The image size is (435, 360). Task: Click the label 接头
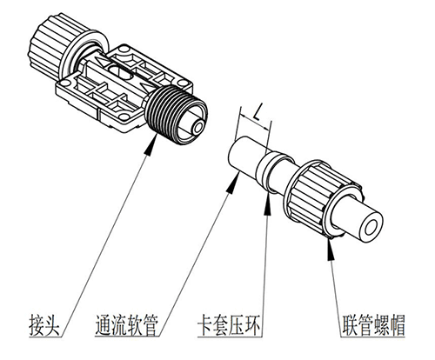click(x=44, y=324)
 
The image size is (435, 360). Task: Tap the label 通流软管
click(x=126, y=324)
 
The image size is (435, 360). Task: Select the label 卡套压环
click(x=230, y=324)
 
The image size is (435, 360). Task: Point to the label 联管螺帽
click(x=373, y=324)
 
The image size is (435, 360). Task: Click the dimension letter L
click(x=257, y=114)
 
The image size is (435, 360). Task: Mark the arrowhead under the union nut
click(x=330, y=248)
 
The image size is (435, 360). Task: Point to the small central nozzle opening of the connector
click(x=198, y=128)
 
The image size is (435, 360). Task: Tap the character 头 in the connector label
click(x=52, y=324)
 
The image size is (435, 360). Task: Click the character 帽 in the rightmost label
click(x=397, y=324)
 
